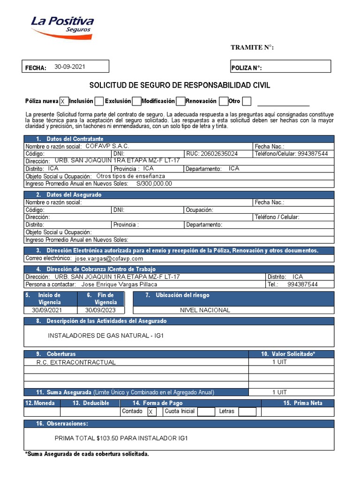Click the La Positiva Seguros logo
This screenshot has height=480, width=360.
pyautogui.click(x=62, y=26)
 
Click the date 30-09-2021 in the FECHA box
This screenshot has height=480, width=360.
pyautogui.click(x=70, y=67)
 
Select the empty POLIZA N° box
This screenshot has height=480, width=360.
pyautogui.click(x=295, y=67)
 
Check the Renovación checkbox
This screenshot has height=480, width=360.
pyautogui.click(x=223, y=101)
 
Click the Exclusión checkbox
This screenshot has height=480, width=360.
pyautogui.click(x=136, y=101)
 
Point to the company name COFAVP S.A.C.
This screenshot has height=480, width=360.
pyautogui.click(x=107, y=146)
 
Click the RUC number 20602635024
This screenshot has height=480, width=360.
pyautogui.click(x=218, y=153)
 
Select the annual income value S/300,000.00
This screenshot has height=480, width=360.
pyautogui.click(x=154, y=184)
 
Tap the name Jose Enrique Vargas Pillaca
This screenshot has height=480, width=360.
pyautogui.click(x=119, y=284)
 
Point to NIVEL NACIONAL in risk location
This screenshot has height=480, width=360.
pyautogui.click(x=205, y=310)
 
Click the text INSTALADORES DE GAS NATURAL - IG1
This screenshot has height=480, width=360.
pyautogui.click(x=105, y=336)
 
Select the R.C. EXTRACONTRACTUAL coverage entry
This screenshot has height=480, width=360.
pyautogui.click(x=75, y=362)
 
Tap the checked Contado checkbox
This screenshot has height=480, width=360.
pyautogui.click(x=151, y=412)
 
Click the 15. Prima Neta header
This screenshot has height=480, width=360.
pyautogui.click(x=302, y=403)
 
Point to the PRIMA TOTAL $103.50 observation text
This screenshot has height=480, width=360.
pyautogui.click(x=121, y=438)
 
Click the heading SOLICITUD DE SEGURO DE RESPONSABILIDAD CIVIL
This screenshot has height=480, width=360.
pyautogui.click(x=180, y=85)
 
